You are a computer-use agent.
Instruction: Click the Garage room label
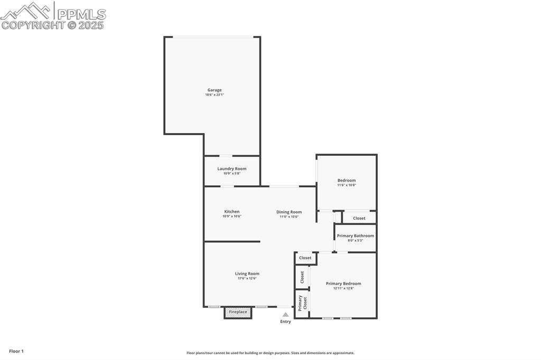tap(214, 90)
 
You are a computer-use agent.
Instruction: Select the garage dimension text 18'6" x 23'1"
tap(214, 95)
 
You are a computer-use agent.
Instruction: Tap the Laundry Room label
tap(231, 169)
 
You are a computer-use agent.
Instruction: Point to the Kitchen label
tap(231, 212)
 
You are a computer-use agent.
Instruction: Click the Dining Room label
tap(289, 212)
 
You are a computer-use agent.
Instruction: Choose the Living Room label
tap(247, 273)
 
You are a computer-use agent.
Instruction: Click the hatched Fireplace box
tap(238, 312)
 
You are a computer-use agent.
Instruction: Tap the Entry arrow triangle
tap(285, 315)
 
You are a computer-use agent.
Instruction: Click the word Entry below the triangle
tap(285, 321)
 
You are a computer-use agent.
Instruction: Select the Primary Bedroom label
tap(343, 283)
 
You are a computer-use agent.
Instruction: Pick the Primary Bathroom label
tap(355, 236)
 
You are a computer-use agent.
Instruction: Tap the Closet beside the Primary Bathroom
tap(359, 218)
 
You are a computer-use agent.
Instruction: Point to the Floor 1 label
tap(16, 351)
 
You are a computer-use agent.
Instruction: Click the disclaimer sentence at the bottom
tap(270, 353)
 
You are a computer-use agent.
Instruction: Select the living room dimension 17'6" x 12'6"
tap(247, 278)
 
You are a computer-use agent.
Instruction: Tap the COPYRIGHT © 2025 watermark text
tap(53, 25)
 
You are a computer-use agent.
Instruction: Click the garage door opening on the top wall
tap(213, 37)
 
